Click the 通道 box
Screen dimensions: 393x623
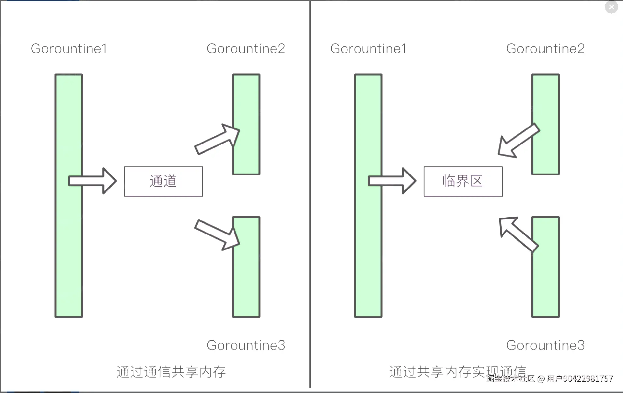pos(163,181)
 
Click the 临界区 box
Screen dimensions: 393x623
pos(463,181)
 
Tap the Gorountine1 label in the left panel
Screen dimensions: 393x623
pos(69,49)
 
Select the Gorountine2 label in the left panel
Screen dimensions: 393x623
pos(246,49)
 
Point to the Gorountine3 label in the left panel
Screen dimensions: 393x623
pos(246,345)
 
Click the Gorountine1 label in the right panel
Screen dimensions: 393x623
pos(368,49)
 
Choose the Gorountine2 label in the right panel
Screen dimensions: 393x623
pos(545,49)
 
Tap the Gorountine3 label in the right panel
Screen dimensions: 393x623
pos(545,345)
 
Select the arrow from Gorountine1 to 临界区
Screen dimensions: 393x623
pos(392,181)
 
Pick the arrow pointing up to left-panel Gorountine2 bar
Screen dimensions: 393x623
pos(218,139)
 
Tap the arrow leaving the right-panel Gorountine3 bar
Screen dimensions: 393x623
pos(518,234)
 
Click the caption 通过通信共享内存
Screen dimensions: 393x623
pos(171,372)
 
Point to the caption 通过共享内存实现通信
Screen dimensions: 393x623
pos(458,372)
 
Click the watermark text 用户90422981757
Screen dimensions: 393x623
pos(580,379)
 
